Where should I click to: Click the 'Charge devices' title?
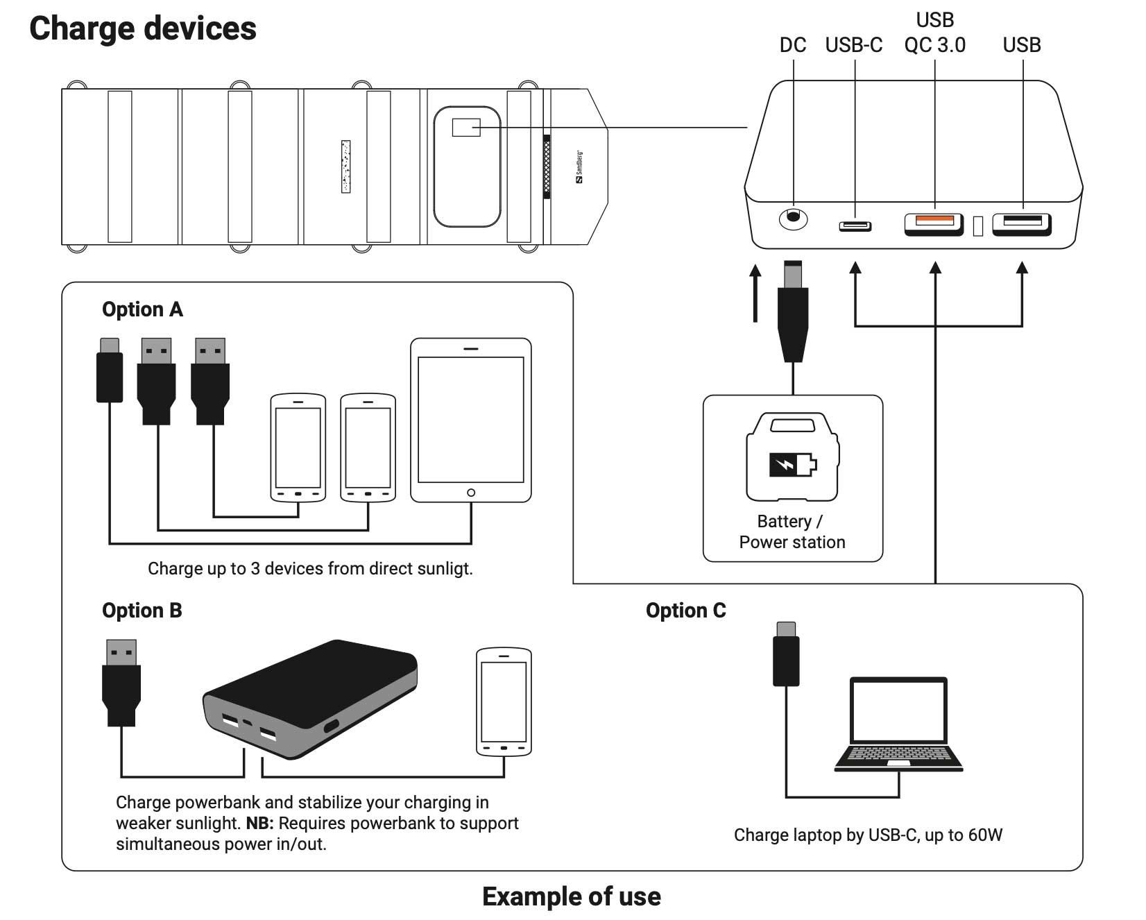pyautogui.click(x=143, y=29)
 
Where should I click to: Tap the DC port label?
pyautogui.click(x=792, y=45)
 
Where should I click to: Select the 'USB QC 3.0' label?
pyautogui.click(x=934, y=33)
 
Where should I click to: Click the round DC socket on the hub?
pyautogui.click(x=793, y=218)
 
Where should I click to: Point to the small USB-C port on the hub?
pyautogui.click(x=855, y=226)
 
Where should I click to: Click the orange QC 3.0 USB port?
pyautogui.click(x=934, y=222)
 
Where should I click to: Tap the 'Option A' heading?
pyautogui.click(x=142, y=309)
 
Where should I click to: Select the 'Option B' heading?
pyautogui.click(x=142, y=611)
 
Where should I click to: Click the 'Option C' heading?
pyautogui.click(x=685, y=611)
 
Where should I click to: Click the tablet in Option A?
pyautogui.click(x=470, y=420)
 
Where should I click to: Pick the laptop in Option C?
pyautogui.click(x=898, y=724)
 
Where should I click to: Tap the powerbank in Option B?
pyautogui.click(x=310, y=697)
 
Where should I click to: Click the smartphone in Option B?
pyautogui.click(x=504, y=701)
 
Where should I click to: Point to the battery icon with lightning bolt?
pyautogui.click(x=792, y=464)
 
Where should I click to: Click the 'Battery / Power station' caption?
pyautogui.click(x=792, y=531)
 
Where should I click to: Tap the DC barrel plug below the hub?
pyautogui.click(x=793, y=312)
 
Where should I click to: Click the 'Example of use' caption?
pyautogui.click(x=571, y=896)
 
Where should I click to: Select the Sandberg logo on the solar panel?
pyautogui.click(x=579, y=167)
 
